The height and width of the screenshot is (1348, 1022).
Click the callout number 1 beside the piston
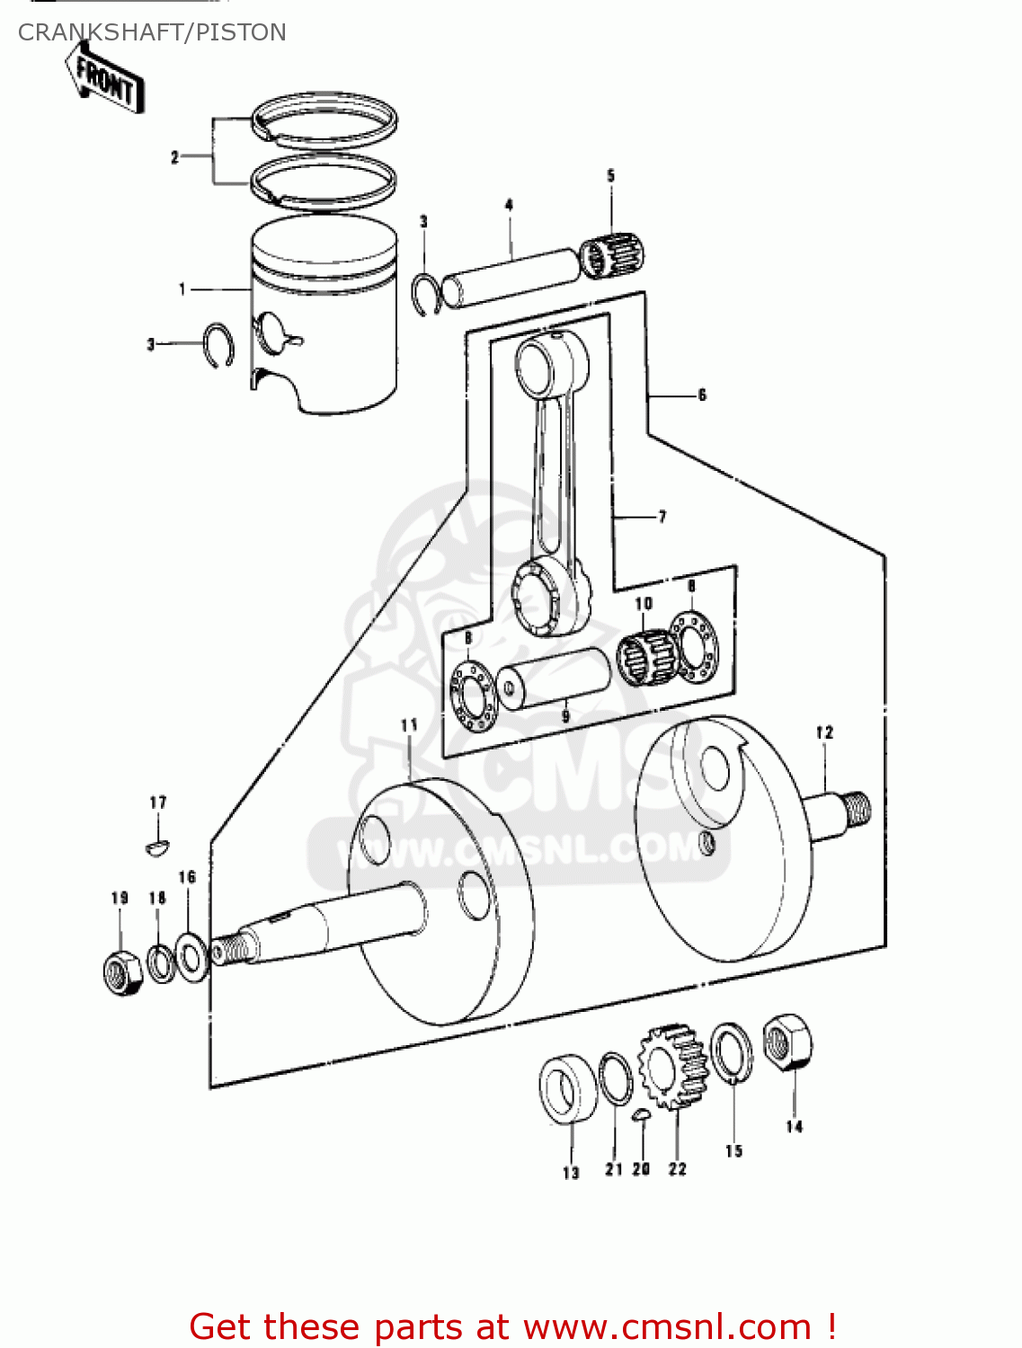tap(182, 289)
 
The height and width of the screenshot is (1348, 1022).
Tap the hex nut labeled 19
tap(122, 971)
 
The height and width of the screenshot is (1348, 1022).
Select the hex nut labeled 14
tap(788, 1042)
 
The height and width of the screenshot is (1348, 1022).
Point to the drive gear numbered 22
tap(673, 1066)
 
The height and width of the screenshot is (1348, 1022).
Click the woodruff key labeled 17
tap(157, 846)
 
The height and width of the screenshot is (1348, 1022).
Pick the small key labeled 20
tap(641, 1115)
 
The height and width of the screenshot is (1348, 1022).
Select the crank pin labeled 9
tap(554, 679)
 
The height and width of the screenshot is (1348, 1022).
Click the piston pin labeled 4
tap(512, 277)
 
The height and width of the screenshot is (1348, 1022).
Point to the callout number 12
tap(824, 732)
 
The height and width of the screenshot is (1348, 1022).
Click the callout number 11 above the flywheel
tap(409, 724)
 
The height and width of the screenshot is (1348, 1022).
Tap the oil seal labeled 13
tap(568, 1088)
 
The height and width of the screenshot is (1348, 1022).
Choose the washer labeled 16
tap(191, 956)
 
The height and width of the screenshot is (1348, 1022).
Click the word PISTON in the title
tap(241, 32)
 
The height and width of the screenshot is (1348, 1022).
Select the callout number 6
tap(702, 395)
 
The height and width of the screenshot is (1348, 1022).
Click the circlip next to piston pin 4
tap(426, 293)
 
